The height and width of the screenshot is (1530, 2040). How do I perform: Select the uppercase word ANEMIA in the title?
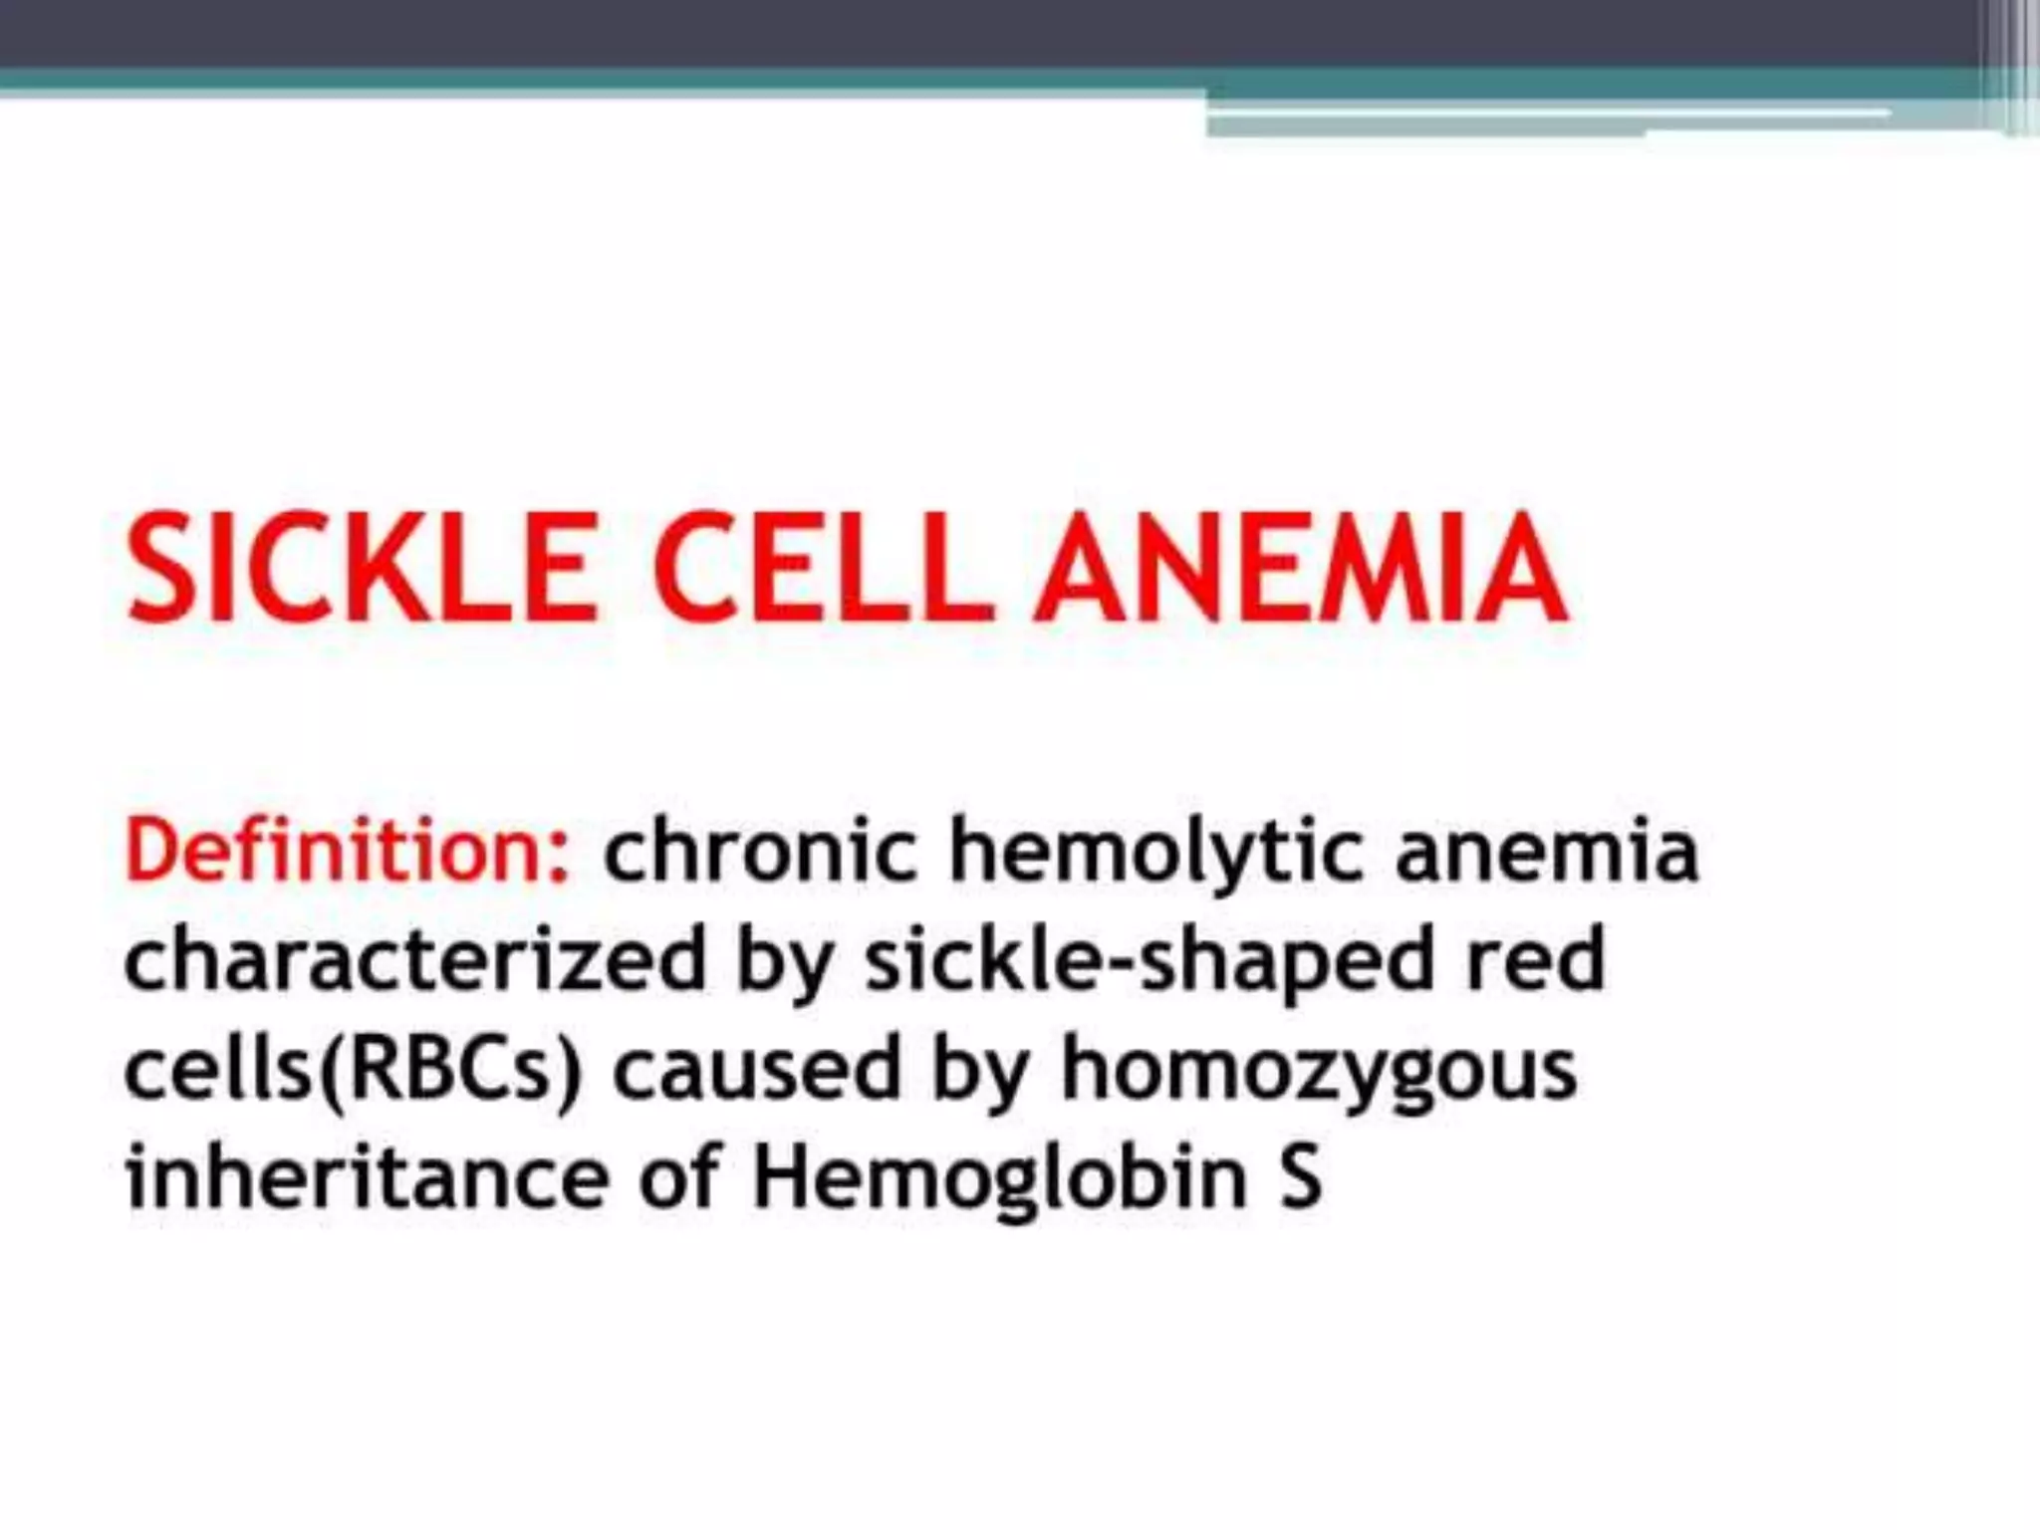tap(1299, 568)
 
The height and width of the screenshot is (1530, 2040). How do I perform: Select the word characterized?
tap(414, 959)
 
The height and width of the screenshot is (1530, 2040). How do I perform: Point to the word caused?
tap(756, 1069)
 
